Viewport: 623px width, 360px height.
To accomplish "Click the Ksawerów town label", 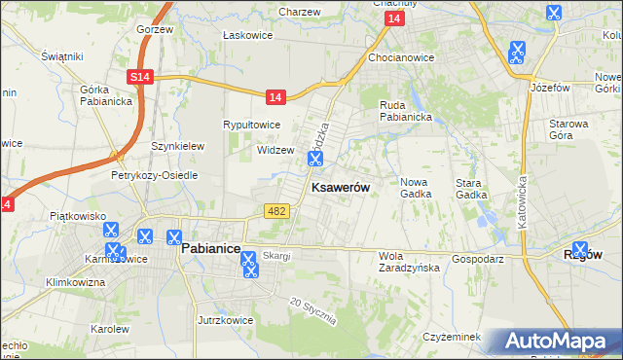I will tap(339, 188).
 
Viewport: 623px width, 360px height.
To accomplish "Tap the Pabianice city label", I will tap(211, 249).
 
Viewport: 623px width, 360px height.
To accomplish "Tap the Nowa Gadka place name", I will tap(416, 188).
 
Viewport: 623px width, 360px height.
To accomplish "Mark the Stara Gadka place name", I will tap(471, 188).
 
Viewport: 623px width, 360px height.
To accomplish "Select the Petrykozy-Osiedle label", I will tap(154, 175).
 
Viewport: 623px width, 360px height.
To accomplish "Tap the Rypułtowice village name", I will tap(252, 125).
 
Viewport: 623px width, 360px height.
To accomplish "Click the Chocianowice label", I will tap(401, 57).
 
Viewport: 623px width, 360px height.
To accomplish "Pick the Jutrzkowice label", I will tap(225, 319).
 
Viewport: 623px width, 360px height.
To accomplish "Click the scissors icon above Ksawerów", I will tap(314, 157).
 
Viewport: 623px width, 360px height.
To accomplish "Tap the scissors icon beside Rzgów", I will tap(581, 250).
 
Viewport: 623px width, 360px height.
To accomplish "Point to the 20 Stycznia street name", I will tap(312, 310).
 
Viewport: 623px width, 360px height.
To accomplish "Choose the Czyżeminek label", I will tap(453, 337).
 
